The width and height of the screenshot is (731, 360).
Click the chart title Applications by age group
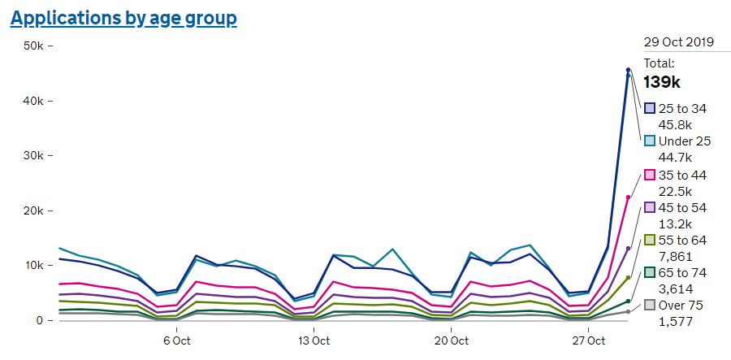point(123,18)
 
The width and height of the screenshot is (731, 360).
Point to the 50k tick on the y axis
point(33,46)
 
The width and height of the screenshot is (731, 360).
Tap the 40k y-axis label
point(33,102)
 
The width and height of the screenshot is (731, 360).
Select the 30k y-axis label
point(33,156)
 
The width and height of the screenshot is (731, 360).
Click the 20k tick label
point(33,211)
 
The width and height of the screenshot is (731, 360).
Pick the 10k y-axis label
point(33,266)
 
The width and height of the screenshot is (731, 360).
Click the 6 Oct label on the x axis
point(176,340)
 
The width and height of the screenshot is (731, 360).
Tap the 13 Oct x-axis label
point(314,340)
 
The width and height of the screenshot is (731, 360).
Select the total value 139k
point(662,82)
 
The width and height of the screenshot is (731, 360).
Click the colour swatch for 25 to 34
point(650,108)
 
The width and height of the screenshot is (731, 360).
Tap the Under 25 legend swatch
point(650,141)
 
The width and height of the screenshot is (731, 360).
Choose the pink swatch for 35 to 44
point(650,175)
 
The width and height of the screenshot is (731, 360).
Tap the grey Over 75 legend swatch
point(650,306)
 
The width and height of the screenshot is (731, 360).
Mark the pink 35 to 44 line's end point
point(628,197)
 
